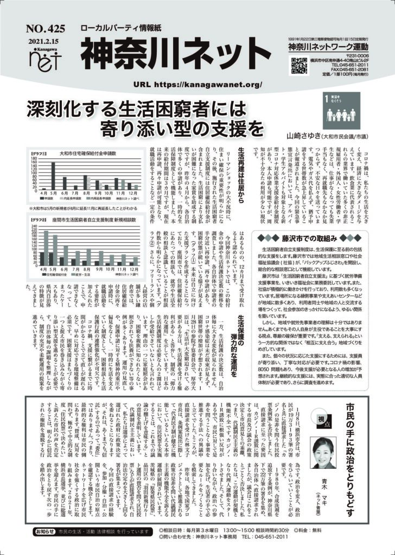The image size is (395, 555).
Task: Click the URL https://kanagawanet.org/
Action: click(x=197, y=85)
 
